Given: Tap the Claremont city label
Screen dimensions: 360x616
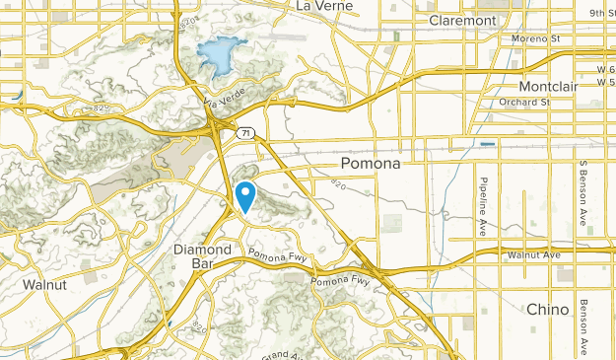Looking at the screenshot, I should pos(462,20).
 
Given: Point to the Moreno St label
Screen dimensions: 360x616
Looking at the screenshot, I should pos(535,38).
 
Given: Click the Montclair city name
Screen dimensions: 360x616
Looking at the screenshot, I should pos(549,87).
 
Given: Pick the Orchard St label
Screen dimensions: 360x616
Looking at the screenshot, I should pos(521,101).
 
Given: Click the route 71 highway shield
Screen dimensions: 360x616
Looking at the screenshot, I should pos(244,131).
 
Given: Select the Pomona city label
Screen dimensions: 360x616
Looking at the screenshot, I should pos(370,164).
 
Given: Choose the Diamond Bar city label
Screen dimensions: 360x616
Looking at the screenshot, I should pos(202,257).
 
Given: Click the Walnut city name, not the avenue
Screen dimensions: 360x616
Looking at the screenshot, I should pos(44,285).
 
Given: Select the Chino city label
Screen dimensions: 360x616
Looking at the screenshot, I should pos(547,309).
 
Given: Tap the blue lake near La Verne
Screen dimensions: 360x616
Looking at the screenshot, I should pos(220,55).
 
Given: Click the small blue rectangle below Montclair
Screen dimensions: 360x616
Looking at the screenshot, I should pos(488,144).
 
